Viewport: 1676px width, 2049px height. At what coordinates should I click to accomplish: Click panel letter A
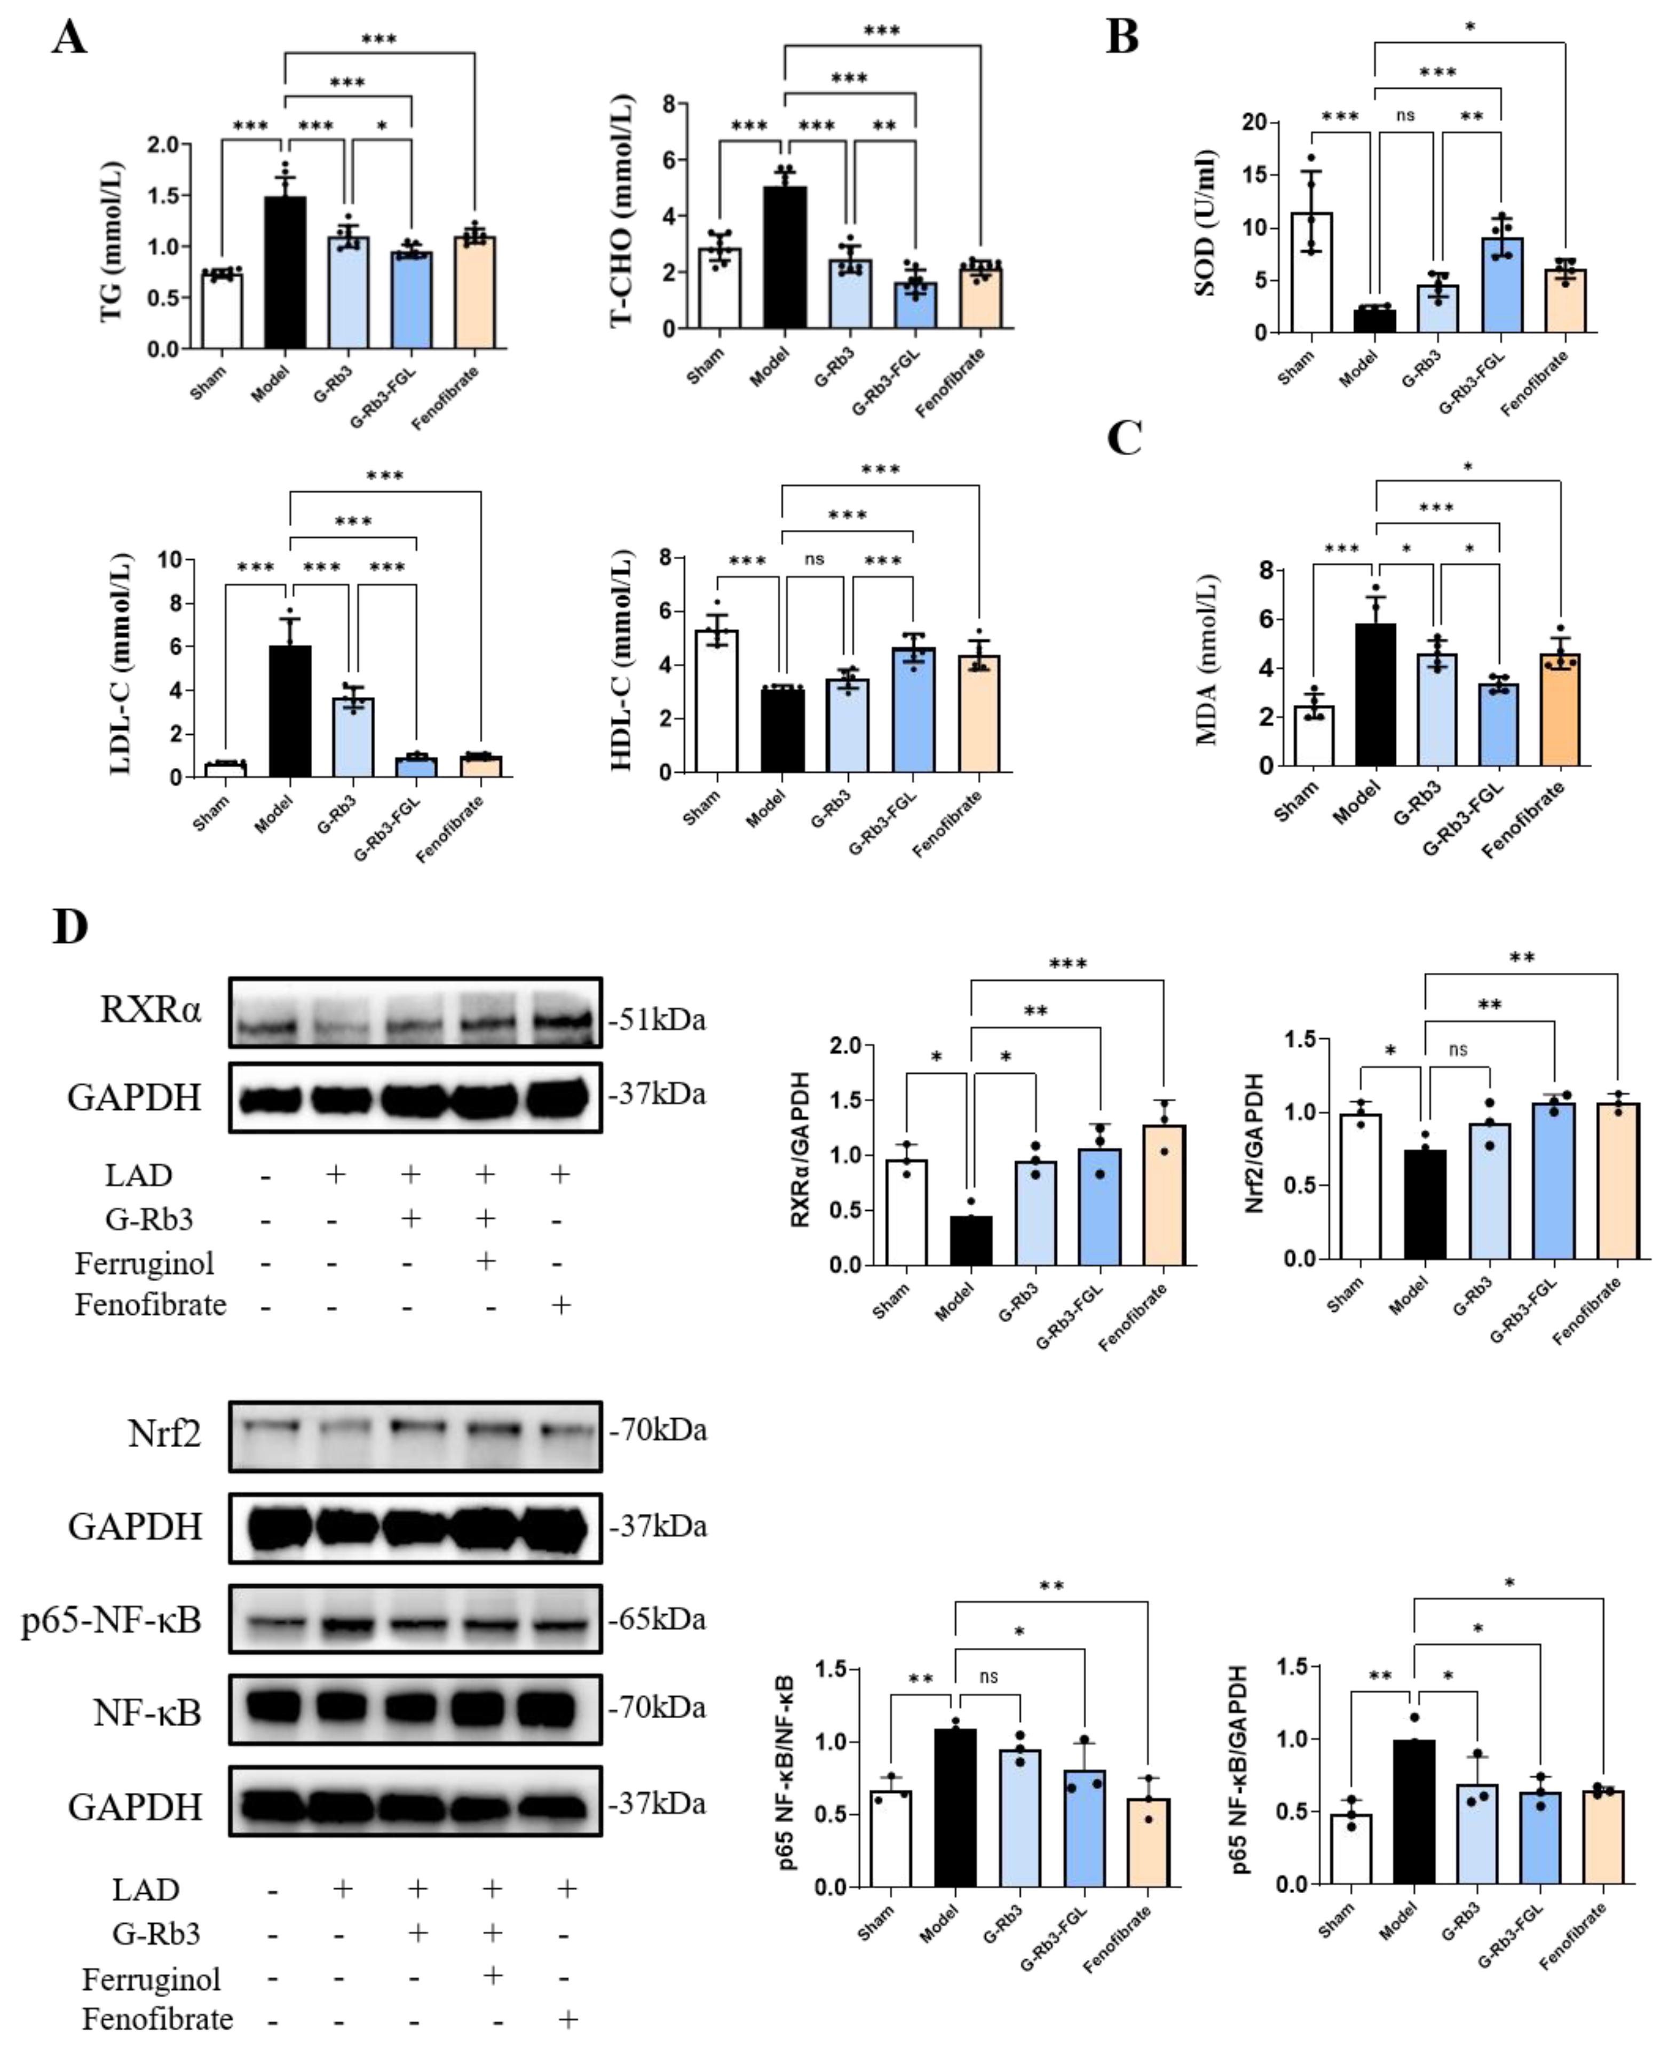[x=69, y=38]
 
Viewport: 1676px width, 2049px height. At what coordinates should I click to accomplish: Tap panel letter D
[x=69, y=926]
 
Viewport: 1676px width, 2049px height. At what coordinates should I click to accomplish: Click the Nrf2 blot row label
[x=164, y=1434]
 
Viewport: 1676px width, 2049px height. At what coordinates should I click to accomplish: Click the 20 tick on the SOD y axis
[x=1254, y=123]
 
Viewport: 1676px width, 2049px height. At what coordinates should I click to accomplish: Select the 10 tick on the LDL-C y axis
[x=170, y=560]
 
